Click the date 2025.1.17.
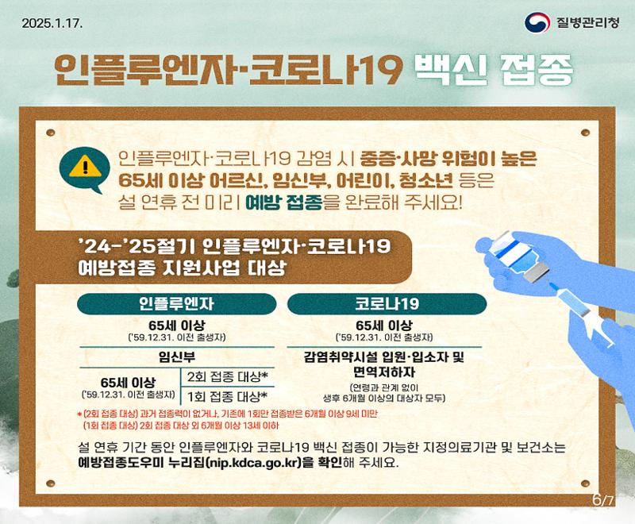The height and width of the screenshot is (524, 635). (x=52, y=23)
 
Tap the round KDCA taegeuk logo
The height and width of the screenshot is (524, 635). (x=537, y=23)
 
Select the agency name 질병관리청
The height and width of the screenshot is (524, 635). (x=587, y=23)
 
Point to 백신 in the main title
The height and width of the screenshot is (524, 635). (x=451, y=70)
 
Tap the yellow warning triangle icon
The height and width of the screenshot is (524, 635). (x=85, y=167)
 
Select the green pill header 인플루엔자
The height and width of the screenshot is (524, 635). (x=176, y=304)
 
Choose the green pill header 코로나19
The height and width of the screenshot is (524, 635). (x=387, y=304)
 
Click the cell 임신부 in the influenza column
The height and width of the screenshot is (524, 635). (x=176, y=357)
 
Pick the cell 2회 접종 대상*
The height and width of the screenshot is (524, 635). (x=228, y=377)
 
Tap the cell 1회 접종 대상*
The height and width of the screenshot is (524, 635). (x=228, y=396)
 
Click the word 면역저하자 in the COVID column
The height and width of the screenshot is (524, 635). (x=384, y=372)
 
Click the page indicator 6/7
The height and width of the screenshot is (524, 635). (x=603, y=500)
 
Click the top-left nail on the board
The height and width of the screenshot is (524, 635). (x=51, y=133)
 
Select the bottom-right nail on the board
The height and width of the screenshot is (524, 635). (x=585, y=483)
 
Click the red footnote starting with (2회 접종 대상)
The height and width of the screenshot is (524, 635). (x=227, y=414)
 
